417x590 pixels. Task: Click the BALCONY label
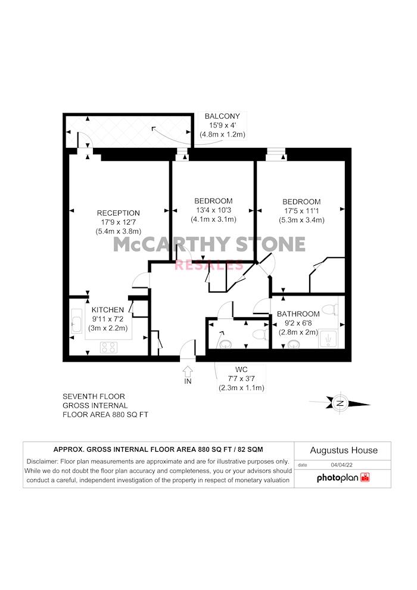point(222,116)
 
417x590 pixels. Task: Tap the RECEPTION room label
point(118,213)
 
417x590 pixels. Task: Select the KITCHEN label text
point(108,310)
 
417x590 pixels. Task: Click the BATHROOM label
point(298,314)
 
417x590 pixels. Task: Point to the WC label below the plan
point(241,370)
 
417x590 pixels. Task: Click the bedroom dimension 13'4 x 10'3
point(213,210)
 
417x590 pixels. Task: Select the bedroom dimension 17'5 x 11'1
point(301,211)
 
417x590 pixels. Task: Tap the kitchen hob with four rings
point(108,347)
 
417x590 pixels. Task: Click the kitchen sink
point(76,321)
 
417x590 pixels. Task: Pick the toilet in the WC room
point(260,334)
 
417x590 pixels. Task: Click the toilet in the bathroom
point(331,309)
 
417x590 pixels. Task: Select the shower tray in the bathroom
point(328,340)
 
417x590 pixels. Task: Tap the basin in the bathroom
point(294,344)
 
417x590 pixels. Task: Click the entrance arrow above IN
point(188,371)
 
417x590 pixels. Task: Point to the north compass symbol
point(340,403)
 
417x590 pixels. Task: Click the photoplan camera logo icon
point(365,477)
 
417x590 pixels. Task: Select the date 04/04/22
point(341,465)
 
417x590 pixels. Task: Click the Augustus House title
point(344,451)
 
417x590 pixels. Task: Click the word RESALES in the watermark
point(209,265)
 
